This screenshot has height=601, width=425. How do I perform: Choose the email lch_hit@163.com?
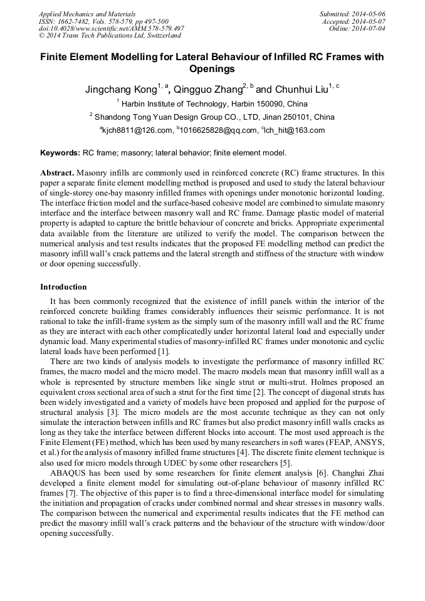click(x=295, y=130)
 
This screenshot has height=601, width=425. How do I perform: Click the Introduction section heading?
click(x=63, y=287)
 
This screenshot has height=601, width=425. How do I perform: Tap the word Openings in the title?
click(x=212, y=69)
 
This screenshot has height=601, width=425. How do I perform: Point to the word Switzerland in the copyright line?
click(x=159, y=36)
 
